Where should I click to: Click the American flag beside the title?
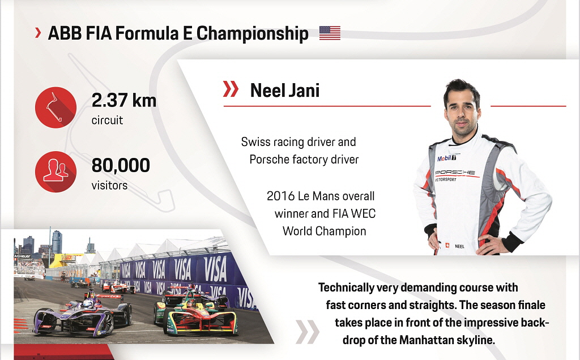pyautogui.click(x=330, y=33)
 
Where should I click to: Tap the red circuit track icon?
pyautogui.click(x=56, y=108)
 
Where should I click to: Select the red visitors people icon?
pyautogui.click(x=56, y=172)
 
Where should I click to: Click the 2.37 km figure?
pyautogui.click(x=124, y=100)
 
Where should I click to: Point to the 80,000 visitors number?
pyautogui.click(x=121, y=165)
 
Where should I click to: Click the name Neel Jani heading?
pyautogui.click(x=285, y=91)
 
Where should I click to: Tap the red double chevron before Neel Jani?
pyautogui.click(x=231, y=89)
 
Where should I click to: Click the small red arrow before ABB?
pyautogui.click(x=38, y=33)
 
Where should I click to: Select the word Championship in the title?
pyautogui.click(x=252, y=33)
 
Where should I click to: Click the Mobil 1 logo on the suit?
pyautogui.click(x=447, y=158)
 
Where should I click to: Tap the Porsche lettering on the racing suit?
pyautogui.click(x=455, y=173)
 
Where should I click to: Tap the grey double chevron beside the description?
pyautogui.click(x=308, y=332)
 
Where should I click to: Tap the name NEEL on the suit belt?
pyautogui.click(x=459, y=247)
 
